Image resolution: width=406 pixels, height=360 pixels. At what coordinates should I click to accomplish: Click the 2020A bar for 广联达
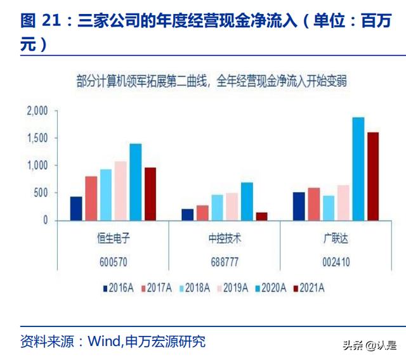(358, 169)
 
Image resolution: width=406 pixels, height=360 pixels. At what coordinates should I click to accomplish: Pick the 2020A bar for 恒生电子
(135, 182)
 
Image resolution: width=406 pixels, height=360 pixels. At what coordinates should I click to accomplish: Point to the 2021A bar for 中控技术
(261, 216)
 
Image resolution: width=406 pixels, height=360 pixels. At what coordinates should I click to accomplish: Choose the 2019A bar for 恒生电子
(121, 191)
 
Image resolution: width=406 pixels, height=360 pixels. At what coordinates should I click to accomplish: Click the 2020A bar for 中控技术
(247, 201)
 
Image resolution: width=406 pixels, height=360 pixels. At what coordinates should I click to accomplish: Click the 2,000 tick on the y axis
(37, 111)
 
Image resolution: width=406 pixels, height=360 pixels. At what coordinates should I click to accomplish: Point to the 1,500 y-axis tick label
(37, 138)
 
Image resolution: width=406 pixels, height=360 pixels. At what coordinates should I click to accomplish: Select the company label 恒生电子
(112, 239)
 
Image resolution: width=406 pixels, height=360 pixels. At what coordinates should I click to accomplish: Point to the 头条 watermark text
(352, 346)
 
